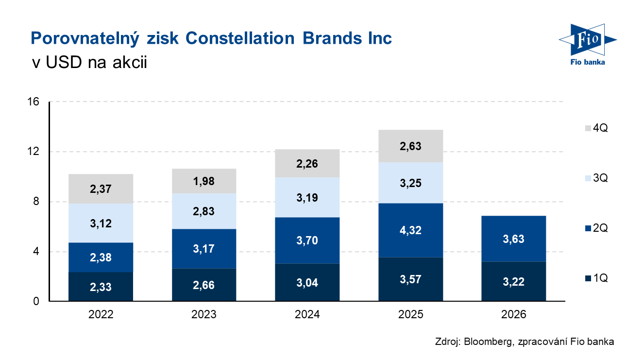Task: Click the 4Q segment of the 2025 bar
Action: point(410,146)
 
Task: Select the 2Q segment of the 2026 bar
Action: point(513,239)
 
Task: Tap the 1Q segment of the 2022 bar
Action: point(101,287)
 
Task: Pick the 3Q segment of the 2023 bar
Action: point(204,211)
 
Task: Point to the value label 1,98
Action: point(204,182)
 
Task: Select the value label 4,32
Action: point(410,230)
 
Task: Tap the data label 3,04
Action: point(307,282)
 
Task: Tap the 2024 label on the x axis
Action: point(307,315)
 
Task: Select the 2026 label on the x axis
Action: point(513,315)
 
